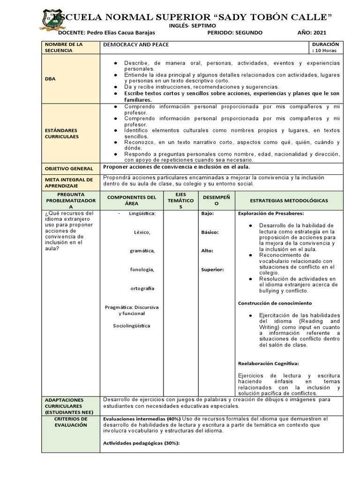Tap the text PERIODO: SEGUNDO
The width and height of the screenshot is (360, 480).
click(x=234, y=33)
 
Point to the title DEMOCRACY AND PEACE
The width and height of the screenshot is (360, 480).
click(x=136, y=45)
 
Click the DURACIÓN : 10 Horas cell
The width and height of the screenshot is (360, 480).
click(x=325, y=47)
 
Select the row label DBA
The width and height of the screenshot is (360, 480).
click(x=50, y=79)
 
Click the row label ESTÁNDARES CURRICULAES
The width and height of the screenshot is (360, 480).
click(x=62, y=133)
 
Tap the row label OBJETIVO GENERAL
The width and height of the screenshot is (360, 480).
click(x=69, y=168)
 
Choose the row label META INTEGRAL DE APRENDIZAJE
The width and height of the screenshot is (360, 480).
click(x=69, y=182)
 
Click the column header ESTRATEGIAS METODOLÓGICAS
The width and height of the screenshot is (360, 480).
click(x=289, y=201)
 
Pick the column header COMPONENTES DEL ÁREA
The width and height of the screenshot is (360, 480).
click(x=131, y=201)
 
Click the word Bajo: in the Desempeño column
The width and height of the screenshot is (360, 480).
click(x=207, y=214)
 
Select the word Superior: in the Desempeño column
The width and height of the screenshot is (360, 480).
click(x=212, y=270)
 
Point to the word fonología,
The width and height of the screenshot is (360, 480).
click(x=142, y=270)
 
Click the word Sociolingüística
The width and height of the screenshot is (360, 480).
click(x=132, y=326)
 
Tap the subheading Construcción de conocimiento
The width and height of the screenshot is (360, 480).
click(x=275, y=303)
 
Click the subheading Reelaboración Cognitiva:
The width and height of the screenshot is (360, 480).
click(x=268, y=363)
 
